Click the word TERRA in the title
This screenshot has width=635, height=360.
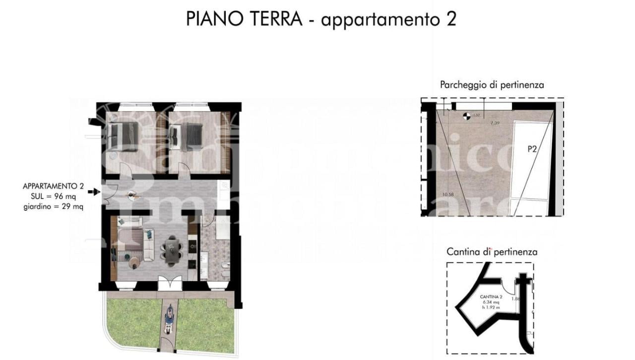(275, 19)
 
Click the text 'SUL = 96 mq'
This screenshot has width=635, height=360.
(54, 197)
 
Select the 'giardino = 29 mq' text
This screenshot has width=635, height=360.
(54, 207)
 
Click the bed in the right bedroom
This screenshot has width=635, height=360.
(186, 136)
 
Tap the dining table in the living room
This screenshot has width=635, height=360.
(171, 248)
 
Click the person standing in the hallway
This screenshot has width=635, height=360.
(133, 196)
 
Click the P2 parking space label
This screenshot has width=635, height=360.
(532, 149)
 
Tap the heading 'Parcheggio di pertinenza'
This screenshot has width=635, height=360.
(492, 85)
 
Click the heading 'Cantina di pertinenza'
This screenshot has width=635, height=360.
(492, 252)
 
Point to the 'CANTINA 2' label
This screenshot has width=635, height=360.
(491, 297)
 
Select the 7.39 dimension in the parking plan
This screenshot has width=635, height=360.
(495, 122)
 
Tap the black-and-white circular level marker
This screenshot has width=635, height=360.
(466, 116)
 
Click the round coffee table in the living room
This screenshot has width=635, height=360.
(134, 264)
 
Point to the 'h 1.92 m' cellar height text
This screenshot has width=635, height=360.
(491, 307)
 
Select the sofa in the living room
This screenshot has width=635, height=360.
(147, 243)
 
